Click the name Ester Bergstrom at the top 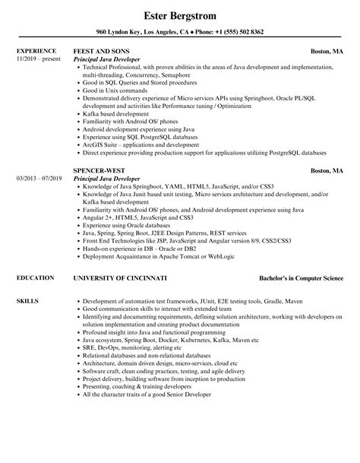[179, 14]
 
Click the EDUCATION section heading [34, 278]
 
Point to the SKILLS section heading [27, 303]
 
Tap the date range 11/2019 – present [38, 59]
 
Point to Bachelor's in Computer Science [301, 278]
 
